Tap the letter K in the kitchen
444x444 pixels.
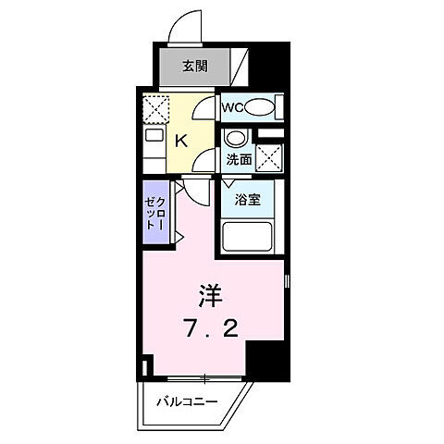(x=182, y=141)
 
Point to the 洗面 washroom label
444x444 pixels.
(x=239, y=159)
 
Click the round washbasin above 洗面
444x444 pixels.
(x=237, y=140)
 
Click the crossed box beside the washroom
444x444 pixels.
(x=270, y=159)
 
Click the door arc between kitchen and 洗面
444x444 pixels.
(x=205, y=162)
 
